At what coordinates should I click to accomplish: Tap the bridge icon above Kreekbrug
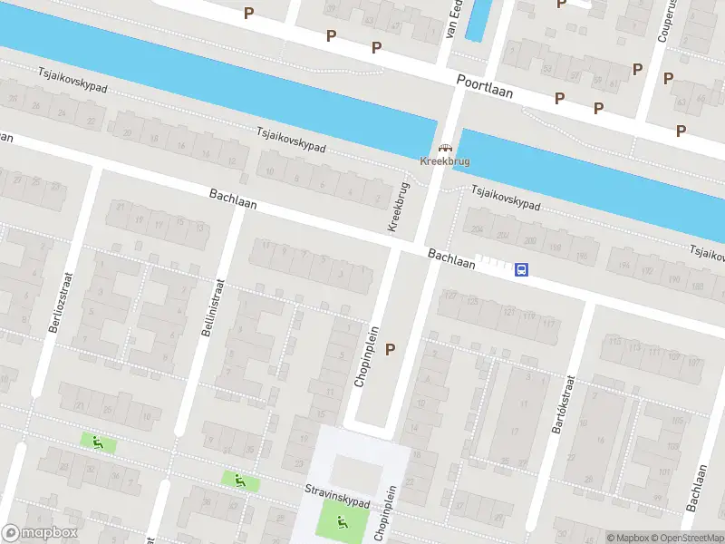pos(444,149)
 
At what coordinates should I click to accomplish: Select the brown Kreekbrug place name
pos(444,161)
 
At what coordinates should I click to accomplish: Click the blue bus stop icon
pos(522,269)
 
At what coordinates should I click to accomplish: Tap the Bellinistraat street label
pos(209,307)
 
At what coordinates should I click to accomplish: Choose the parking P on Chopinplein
pos(391,348)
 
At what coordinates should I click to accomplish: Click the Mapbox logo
pos(39,533)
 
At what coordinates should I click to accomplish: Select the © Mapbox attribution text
pos(624,538)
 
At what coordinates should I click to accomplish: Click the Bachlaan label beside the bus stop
pos(451,259)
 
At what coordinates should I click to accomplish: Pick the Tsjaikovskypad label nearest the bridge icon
pos(504,198)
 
